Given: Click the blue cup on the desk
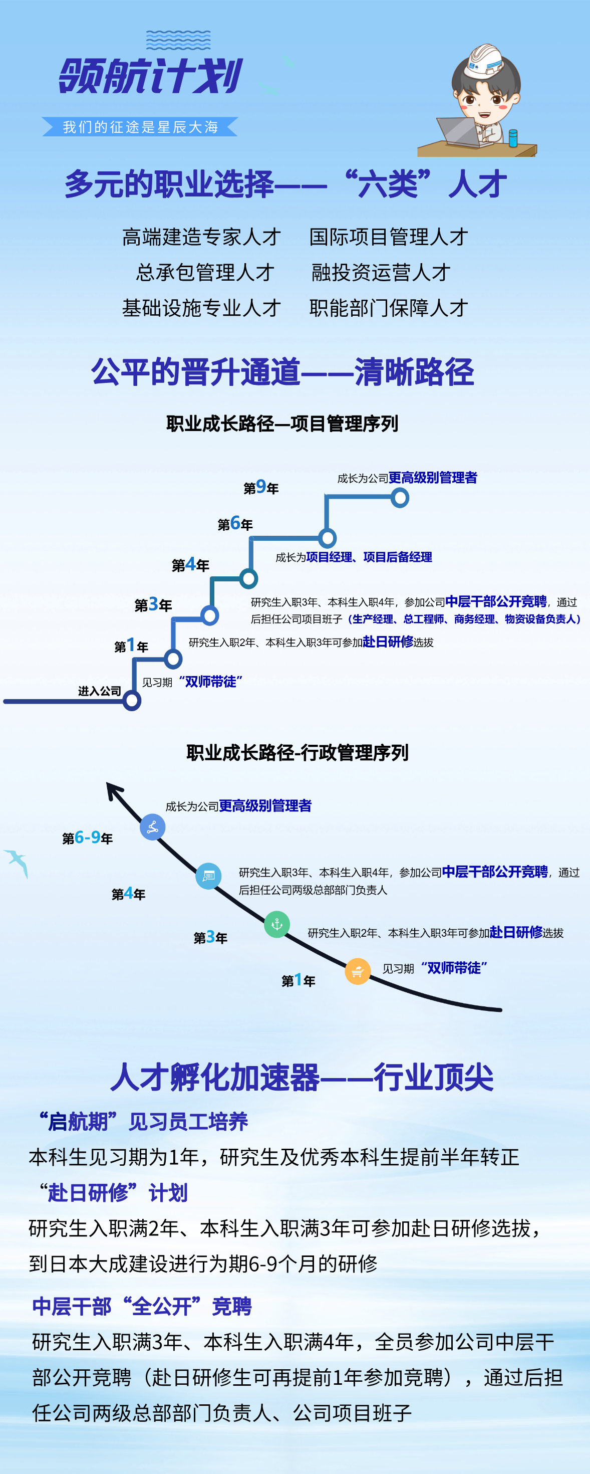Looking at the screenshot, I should (x=513, y=138).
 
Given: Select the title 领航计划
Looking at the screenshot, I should (x=151, y=76).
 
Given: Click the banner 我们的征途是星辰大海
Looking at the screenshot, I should (x=140, y=127).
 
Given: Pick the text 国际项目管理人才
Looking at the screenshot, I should (x=389, y=237).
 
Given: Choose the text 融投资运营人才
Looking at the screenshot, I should (x=381, y=272).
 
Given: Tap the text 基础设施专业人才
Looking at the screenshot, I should (x=201, y=308).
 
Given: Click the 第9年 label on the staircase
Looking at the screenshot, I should (x=261, y=488).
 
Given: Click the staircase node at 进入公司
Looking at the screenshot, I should (x=132, y=700).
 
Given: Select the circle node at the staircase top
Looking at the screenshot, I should (x=400, y=498).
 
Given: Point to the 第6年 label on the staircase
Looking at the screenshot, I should (x=235, y=524).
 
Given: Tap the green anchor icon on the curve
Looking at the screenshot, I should (x=276, y=924).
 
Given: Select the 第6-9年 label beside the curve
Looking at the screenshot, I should (x=88, y=837).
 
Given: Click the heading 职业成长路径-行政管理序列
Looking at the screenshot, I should (x=298, y=752).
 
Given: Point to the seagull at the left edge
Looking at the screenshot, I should (x=17, y=862).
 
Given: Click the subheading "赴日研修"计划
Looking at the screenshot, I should (x=113, y=1192).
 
